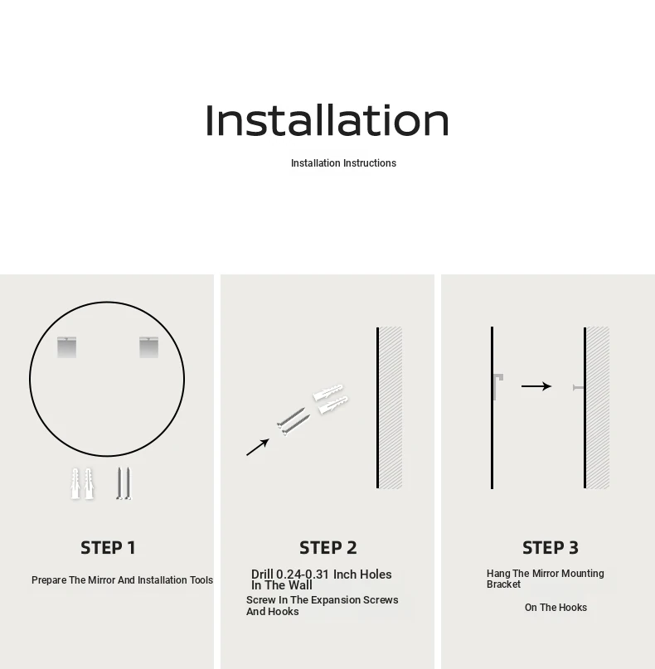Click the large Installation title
point(327,120)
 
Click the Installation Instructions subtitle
point(343,163)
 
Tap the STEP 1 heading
point(108,548)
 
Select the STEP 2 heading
point(327,548)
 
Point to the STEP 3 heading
point(551,548)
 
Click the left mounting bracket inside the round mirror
point(66,347)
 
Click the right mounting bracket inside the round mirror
point(149,347)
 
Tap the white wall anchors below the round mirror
point(82,483)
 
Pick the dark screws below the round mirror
point(124,483)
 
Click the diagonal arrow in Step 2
point(258,447)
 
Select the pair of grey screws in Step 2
point(294,421)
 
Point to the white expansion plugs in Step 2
point(331,399)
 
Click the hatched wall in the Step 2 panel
point(391,408)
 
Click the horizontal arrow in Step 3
point(536,386)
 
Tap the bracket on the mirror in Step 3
point(498,386)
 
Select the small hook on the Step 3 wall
point(578,387)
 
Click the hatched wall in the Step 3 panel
point(598,408)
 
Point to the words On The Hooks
point(556,608)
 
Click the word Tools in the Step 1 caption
point(201,580)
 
